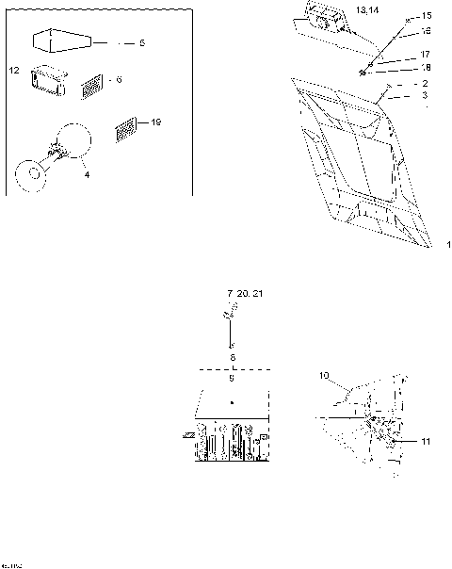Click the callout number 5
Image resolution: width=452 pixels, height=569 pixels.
point(142,43)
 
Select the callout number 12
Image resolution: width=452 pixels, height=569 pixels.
point(14,71)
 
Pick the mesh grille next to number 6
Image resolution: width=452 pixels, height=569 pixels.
point(92,88)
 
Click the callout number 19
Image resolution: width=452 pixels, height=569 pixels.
point(156,122)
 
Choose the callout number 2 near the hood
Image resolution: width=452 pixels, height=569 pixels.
point(426,84)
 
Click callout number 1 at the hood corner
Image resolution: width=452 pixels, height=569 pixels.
point(448,245)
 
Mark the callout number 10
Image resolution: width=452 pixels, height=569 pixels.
point(324,376)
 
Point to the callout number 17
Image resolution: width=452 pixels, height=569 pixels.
point(426,55)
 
